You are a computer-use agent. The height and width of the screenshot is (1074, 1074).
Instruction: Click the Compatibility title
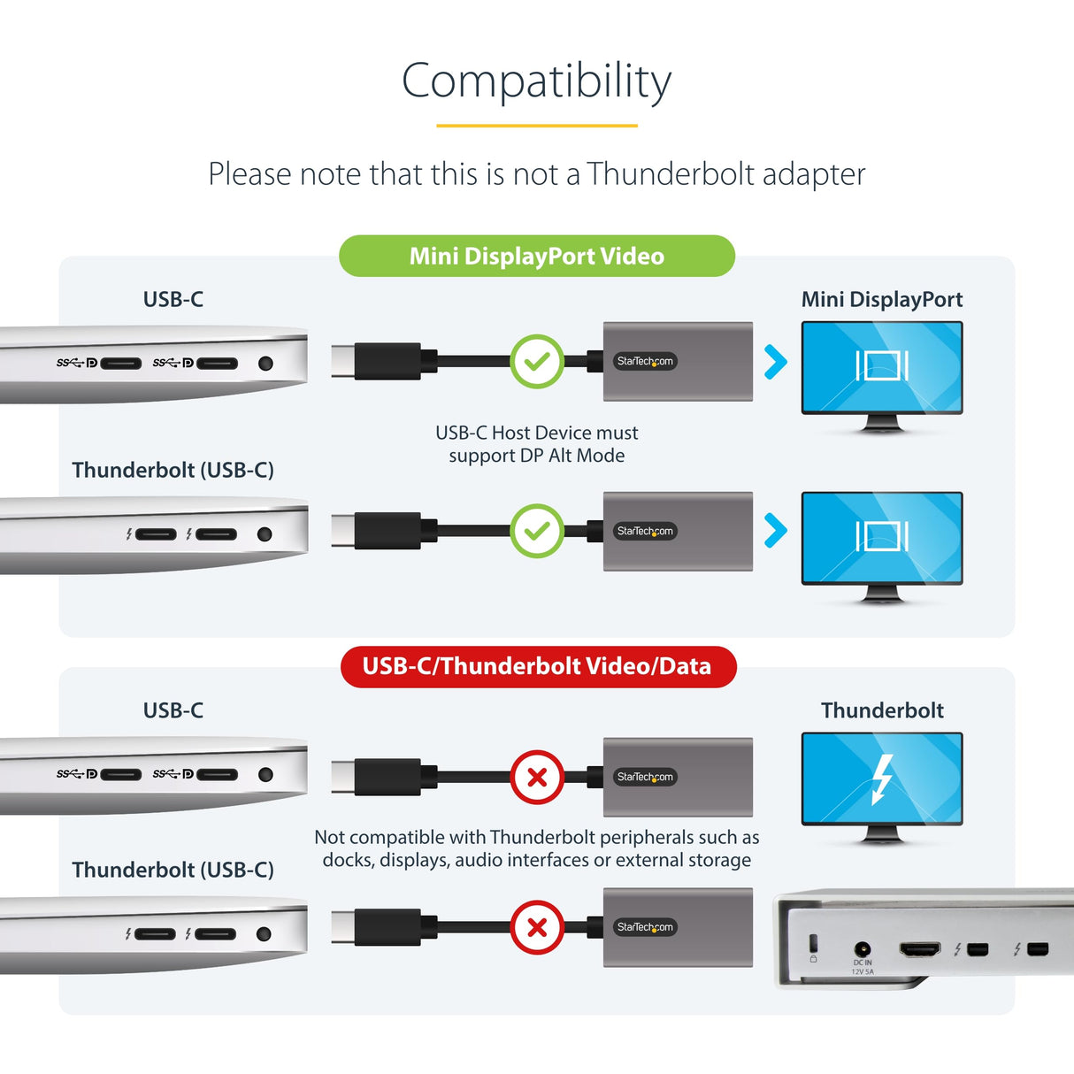pyautogui.click(x=536, y=81)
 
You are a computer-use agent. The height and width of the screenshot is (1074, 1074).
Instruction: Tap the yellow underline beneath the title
pyautogui.click(x=536, y=126)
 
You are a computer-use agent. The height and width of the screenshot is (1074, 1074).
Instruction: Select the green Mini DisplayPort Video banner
pyautogui.click(x=536, y=257)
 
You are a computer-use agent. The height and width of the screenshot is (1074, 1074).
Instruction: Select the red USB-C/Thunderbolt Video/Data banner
pyautogui.click(x=537, y=666)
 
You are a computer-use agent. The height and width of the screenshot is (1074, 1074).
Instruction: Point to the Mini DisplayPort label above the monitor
pyautogui.click(x=881, y=300)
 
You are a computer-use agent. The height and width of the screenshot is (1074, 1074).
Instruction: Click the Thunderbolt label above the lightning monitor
pyautogui.click(x=881, y=710)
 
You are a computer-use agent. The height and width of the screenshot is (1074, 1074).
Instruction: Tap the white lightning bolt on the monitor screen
pyautogui.click(x=881, y=779)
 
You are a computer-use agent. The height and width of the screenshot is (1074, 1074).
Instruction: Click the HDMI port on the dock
pyautogui.click(x=920, y=949)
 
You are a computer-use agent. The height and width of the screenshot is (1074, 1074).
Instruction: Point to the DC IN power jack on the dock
pyautogui.click(x=862, y=949)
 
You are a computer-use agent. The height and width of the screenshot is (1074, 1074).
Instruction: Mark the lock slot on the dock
pyautogui.click(x=814, y=942)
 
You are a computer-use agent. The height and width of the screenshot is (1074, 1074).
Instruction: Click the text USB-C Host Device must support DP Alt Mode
pyautogui.click(x=536, y=444)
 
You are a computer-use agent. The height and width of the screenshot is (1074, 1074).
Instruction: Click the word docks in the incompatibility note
pyautogui.click(x=346, y=861)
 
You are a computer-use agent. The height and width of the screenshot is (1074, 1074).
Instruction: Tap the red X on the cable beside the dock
pyautogui.click(x=537, y=927)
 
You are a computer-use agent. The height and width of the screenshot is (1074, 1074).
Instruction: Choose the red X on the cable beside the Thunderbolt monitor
pyautogui.click(x=537, y=777)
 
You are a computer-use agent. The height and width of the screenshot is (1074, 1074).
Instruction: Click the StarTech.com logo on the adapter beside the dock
pyautogui.click(x=645, y=927)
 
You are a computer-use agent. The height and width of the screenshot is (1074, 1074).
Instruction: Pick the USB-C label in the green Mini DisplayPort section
pyautogui.click(x=173, y=300)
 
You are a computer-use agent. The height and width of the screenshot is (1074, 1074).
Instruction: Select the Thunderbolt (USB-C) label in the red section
pyautogui.click(x=173, y=870)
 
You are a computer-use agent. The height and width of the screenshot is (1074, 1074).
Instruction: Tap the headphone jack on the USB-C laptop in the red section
pyautogui.click(x=265, y=775)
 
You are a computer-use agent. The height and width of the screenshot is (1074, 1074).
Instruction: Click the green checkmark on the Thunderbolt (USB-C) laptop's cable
pyautogui.click(x=537, y=531)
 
